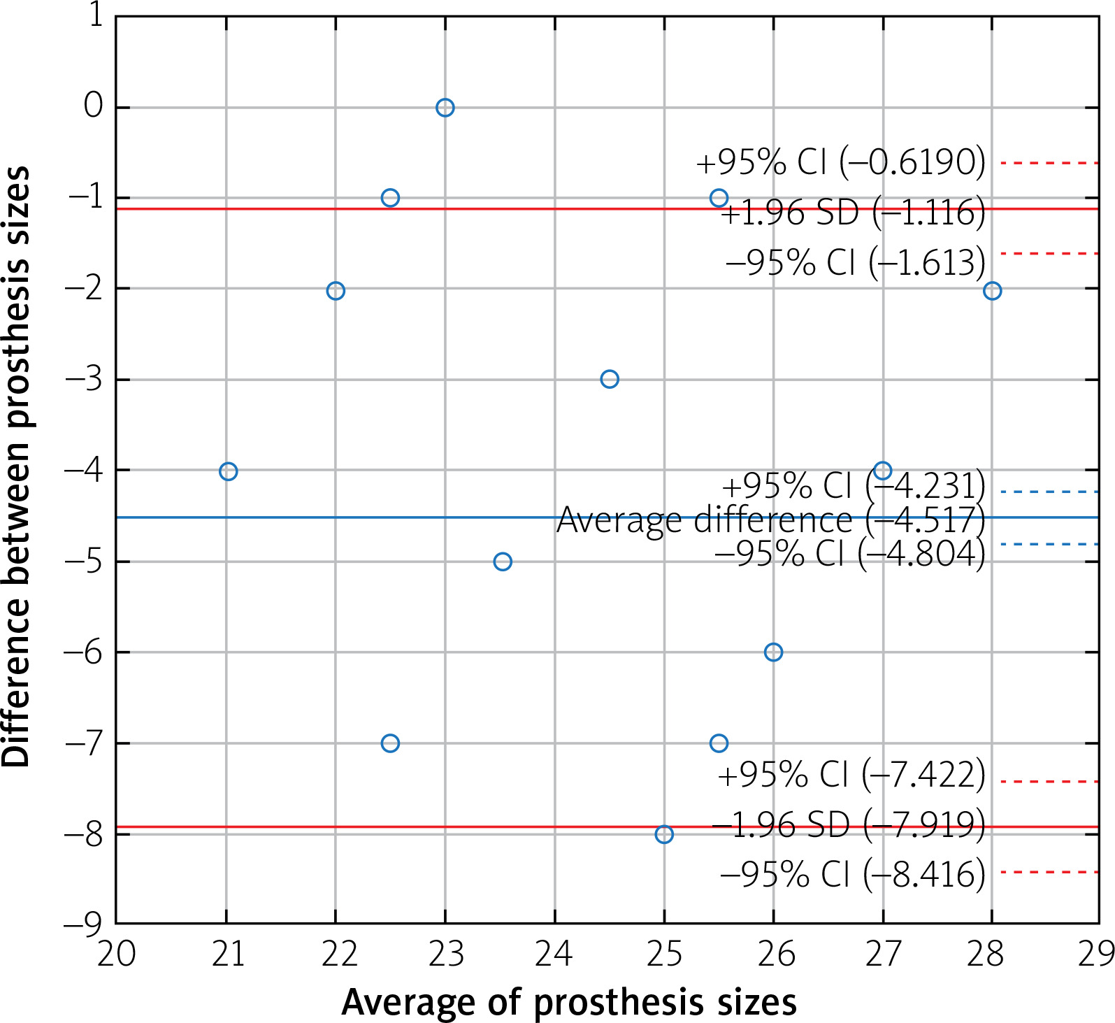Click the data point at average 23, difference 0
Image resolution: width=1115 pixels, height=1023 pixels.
pyautogui.click(x=445, y=108)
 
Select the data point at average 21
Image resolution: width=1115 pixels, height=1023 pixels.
pyautogui.click(x=228, y=471)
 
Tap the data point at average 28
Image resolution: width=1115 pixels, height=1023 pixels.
pyautogui.click(x=992, y=291)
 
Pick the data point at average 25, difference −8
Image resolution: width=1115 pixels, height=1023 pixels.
pyautogui.click(x=664, y=834)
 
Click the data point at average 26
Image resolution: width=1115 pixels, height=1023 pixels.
pyautogui.click(x=773, y=652)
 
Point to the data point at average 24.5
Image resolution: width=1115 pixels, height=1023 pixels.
pyautogui.click(x=610, y=379)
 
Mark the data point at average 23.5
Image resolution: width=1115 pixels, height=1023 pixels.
pyautogui.click(x=503, y=561)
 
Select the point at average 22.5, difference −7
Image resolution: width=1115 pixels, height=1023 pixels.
pyautogui.click(x=390, y=743)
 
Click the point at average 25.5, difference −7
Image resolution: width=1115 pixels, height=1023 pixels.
pyautogui.click(x=719, y=743)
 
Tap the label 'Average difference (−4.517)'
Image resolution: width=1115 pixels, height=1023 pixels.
pyautogui.click(x=770, y=520)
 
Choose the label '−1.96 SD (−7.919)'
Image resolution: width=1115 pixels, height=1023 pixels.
pyautogui.click(x=848, y=825)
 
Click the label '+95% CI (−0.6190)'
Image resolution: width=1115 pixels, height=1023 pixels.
pyautogui.click(x=840, y=162)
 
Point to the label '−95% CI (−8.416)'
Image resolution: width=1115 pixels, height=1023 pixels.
pyautogui.click(x=852, y=874)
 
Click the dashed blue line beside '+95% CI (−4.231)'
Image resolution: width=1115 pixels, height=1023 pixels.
pyautogui.click(x=1049, y=492)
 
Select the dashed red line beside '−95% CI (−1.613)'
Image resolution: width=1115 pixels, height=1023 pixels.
pyautogui.click(x=1049, y=253)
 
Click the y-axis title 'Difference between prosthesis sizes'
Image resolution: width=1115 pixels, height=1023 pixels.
pyautogui.click(x=17, y=466)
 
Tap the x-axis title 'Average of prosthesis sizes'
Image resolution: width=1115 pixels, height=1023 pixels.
pyautogui.click(x=568, y=1002)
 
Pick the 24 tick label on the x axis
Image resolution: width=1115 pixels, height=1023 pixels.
pyautogui.click(x=554, y=954)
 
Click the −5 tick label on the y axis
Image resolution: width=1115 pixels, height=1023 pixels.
pyautogui.click(x=84, y=561)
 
